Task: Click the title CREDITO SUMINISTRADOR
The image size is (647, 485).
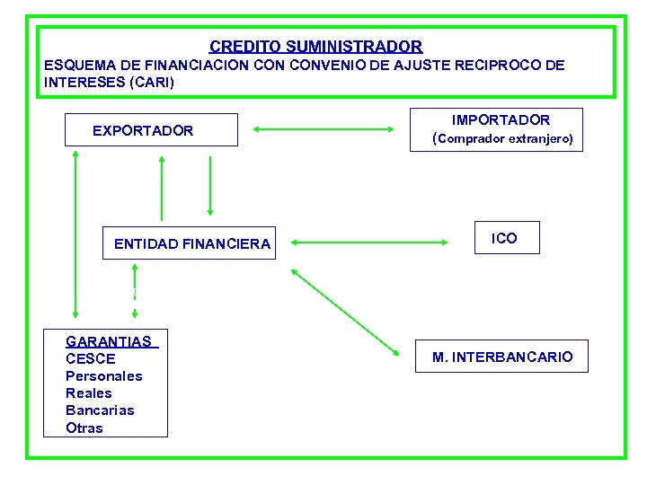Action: coord(315,46)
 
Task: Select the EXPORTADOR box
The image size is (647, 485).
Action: coord(151,130)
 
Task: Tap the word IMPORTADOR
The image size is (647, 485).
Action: coord(501,119)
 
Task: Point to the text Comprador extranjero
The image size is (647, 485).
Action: coord(505,139)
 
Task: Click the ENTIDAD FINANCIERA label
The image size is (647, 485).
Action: coord(191,243)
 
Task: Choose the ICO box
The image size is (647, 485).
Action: coord(507,238)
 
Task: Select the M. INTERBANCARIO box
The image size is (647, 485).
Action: coord(501,357)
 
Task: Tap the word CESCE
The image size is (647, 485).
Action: coord(91,358)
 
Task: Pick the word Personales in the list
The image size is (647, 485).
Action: coord(103,375)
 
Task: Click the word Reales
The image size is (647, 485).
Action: coord(89,392)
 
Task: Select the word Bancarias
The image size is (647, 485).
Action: coord(100,410)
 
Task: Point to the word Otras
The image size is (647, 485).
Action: coord(84,428)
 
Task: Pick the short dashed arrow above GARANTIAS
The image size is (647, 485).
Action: coord(135,290)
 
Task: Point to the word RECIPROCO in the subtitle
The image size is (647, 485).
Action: coord(493,66)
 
